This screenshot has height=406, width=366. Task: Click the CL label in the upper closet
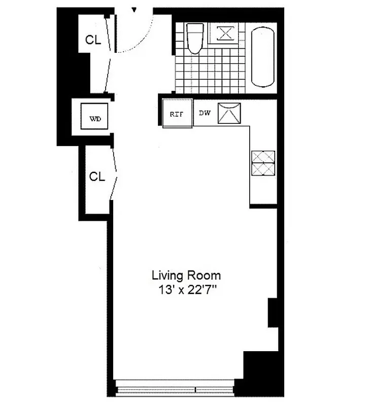click(x=93, y=41)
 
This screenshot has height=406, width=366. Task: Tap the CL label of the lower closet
click(x=96, y=177)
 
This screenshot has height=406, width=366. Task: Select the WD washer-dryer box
click(x=95, y=119)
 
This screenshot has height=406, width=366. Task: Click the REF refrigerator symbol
click(x=177, y=114)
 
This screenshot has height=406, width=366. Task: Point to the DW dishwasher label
click(x=205, y=113)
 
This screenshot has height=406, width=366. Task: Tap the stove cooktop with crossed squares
click(x=263, y=163)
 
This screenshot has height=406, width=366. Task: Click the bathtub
click(x=263, y=57)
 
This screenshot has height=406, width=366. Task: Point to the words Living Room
click(x=186, y=276)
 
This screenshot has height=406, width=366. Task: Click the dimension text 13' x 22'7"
click(x=186, y=291)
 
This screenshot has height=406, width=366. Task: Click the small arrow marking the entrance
click(x=134, y=10)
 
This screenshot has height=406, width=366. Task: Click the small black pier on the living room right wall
click(x=272, y=312)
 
